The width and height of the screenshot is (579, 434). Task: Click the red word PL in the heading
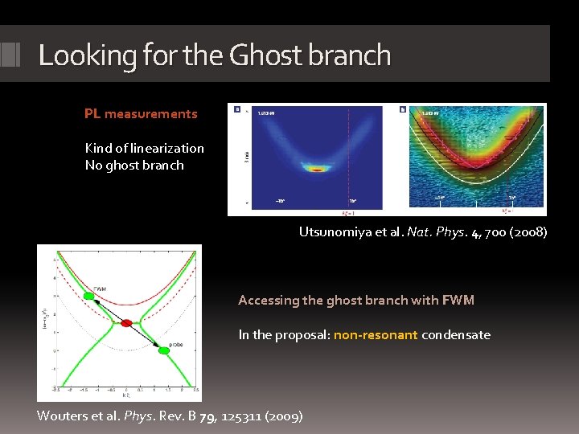[92, 114]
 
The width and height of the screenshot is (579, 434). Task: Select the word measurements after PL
[150, 114]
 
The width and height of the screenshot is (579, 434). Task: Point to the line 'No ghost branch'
[134, 166]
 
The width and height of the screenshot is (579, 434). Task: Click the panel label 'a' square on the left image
[236, 109]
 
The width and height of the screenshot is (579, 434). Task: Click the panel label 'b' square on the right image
[402, 109]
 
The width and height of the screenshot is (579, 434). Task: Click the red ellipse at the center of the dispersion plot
[126, 323]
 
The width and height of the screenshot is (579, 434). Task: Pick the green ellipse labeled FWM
[88, 296]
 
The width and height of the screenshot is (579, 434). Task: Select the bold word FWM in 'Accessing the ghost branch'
[458, 301]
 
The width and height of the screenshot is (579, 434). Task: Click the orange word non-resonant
[376, 335]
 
